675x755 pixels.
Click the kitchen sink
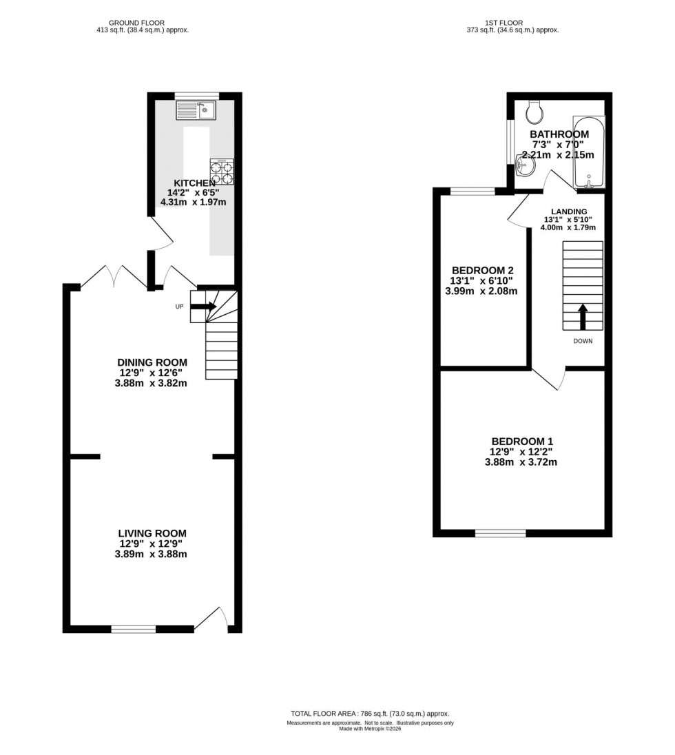click(196, 110)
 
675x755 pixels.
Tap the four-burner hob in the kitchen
click(222, 172)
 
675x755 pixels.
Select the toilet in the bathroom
click(534, 111)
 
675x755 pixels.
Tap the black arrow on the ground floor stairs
click(203, 307)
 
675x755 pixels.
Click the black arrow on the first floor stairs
click(583, 317)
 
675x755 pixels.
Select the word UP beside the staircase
click(179, 307)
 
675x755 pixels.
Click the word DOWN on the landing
click(583, 341)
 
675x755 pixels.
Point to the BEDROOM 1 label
click(522, 442)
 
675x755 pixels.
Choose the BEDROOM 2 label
click(483, 270)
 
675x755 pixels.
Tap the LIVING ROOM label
click(152, 533)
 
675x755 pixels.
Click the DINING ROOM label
click(152, 362)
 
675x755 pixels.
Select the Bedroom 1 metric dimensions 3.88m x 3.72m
click(522, 462)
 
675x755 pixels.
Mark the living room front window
click(134, 628)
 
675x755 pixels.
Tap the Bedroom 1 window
click(500, 532)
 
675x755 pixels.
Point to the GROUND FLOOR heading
click(141, 23)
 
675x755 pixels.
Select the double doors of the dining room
click(114, 277)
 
